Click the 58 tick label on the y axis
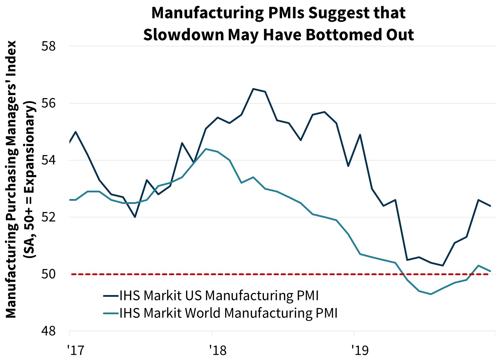49,46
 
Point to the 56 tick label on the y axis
49,103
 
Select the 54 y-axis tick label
49,160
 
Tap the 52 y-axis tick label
49,217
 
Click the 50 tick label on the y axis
49,274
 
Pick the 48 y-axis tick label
49,331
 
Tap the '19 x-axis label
360,350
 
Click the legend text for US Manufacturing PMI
219,296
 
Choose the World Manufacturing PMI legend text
228,313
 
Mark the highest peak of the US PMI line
253,89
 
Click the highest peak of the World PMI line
206,149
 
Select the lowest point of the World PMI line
431,294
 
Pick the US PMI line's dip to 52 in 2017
135,217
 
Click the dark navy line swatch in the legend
111,296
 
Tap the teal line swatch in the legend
111,313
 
